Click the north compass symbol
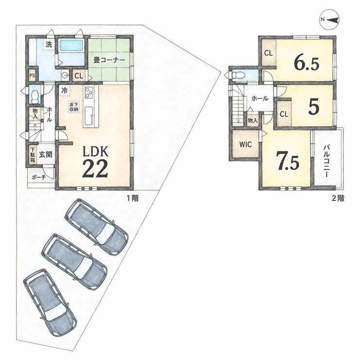coord(329,20)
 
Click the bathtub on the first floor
coord(71,46)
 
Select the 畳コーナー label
coord(109,60)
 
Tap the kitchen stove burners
coord(89,92)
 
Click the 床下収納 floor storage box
coord(73,107)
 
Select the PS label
coord(32,75)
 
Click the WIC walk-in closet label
coord(246,144)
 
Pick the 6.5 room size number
coord(306,63)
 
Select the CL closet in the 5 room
coord(284,114)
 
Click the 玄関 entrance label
coord(45,155)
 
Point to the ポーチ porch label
coord(39,177)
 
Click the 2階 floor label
coord(338,198)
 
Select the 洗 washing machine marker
coord(49,44)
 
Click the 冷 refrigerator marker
coord(65,90)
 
